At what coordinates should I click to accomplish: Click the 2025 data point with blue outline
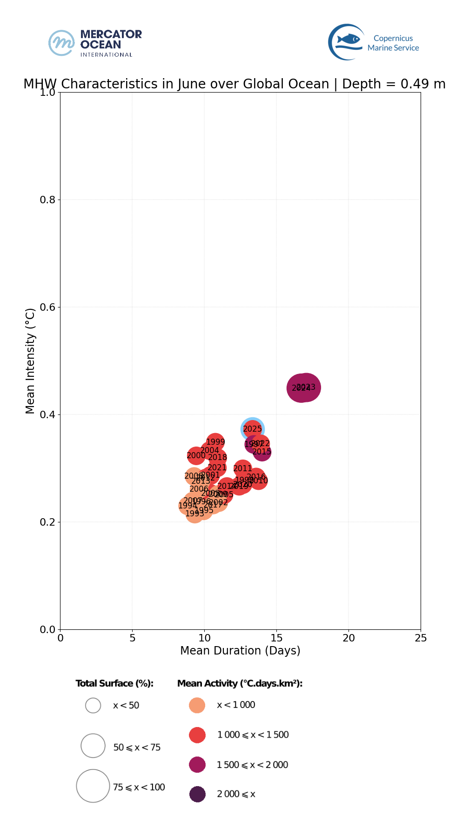[x=253, y=429]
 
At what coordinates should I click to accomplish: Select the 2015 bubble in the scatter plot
[x=262, y=452]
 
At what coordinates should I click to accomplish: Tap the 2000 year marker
[x=196, y=455]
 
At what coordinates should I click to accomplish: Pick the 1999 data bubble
[x=215, y=442]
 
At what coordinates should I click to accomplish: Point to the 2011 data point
[x=242, y=469]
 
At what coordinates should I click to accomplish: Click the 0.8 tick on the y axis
[x=48, y=200]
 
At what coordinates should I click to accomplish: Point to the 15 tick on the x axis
[x=276, y=638]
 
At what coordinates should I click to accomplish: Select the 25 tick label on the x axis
[x=421, y=638]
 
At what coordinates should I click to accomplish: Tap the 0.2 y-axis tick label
[x=48, y=522]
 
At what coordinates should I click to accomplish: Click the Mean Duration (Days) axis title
[x=240, y=651]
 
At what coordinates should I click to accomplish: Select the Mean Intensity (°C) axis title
[x=30, y=361]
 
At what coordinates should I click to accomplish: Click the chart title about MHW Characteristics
[x=234, y=84]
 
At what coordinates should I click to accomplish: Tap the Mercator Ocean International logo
[x=95, y=43]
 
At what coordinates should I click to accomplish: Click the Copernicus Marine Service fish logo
[x=347, y=42]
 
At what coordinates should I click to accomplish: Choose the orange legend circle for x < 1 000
[x=197, y=705]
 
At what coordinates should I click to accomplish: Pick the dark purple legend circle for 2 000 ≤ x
[x=197, y=794]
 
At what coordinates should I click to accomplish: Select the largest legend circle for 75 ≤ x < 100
[x=93, y=786]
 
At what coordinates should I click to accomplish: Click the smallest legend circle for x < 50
[x=93, y=706]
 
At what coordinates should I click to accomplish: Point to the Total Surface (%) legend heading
[x=114, y=683]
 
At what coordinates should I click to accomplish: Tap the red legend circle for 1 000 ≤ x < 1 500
[x=197, y=735]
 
